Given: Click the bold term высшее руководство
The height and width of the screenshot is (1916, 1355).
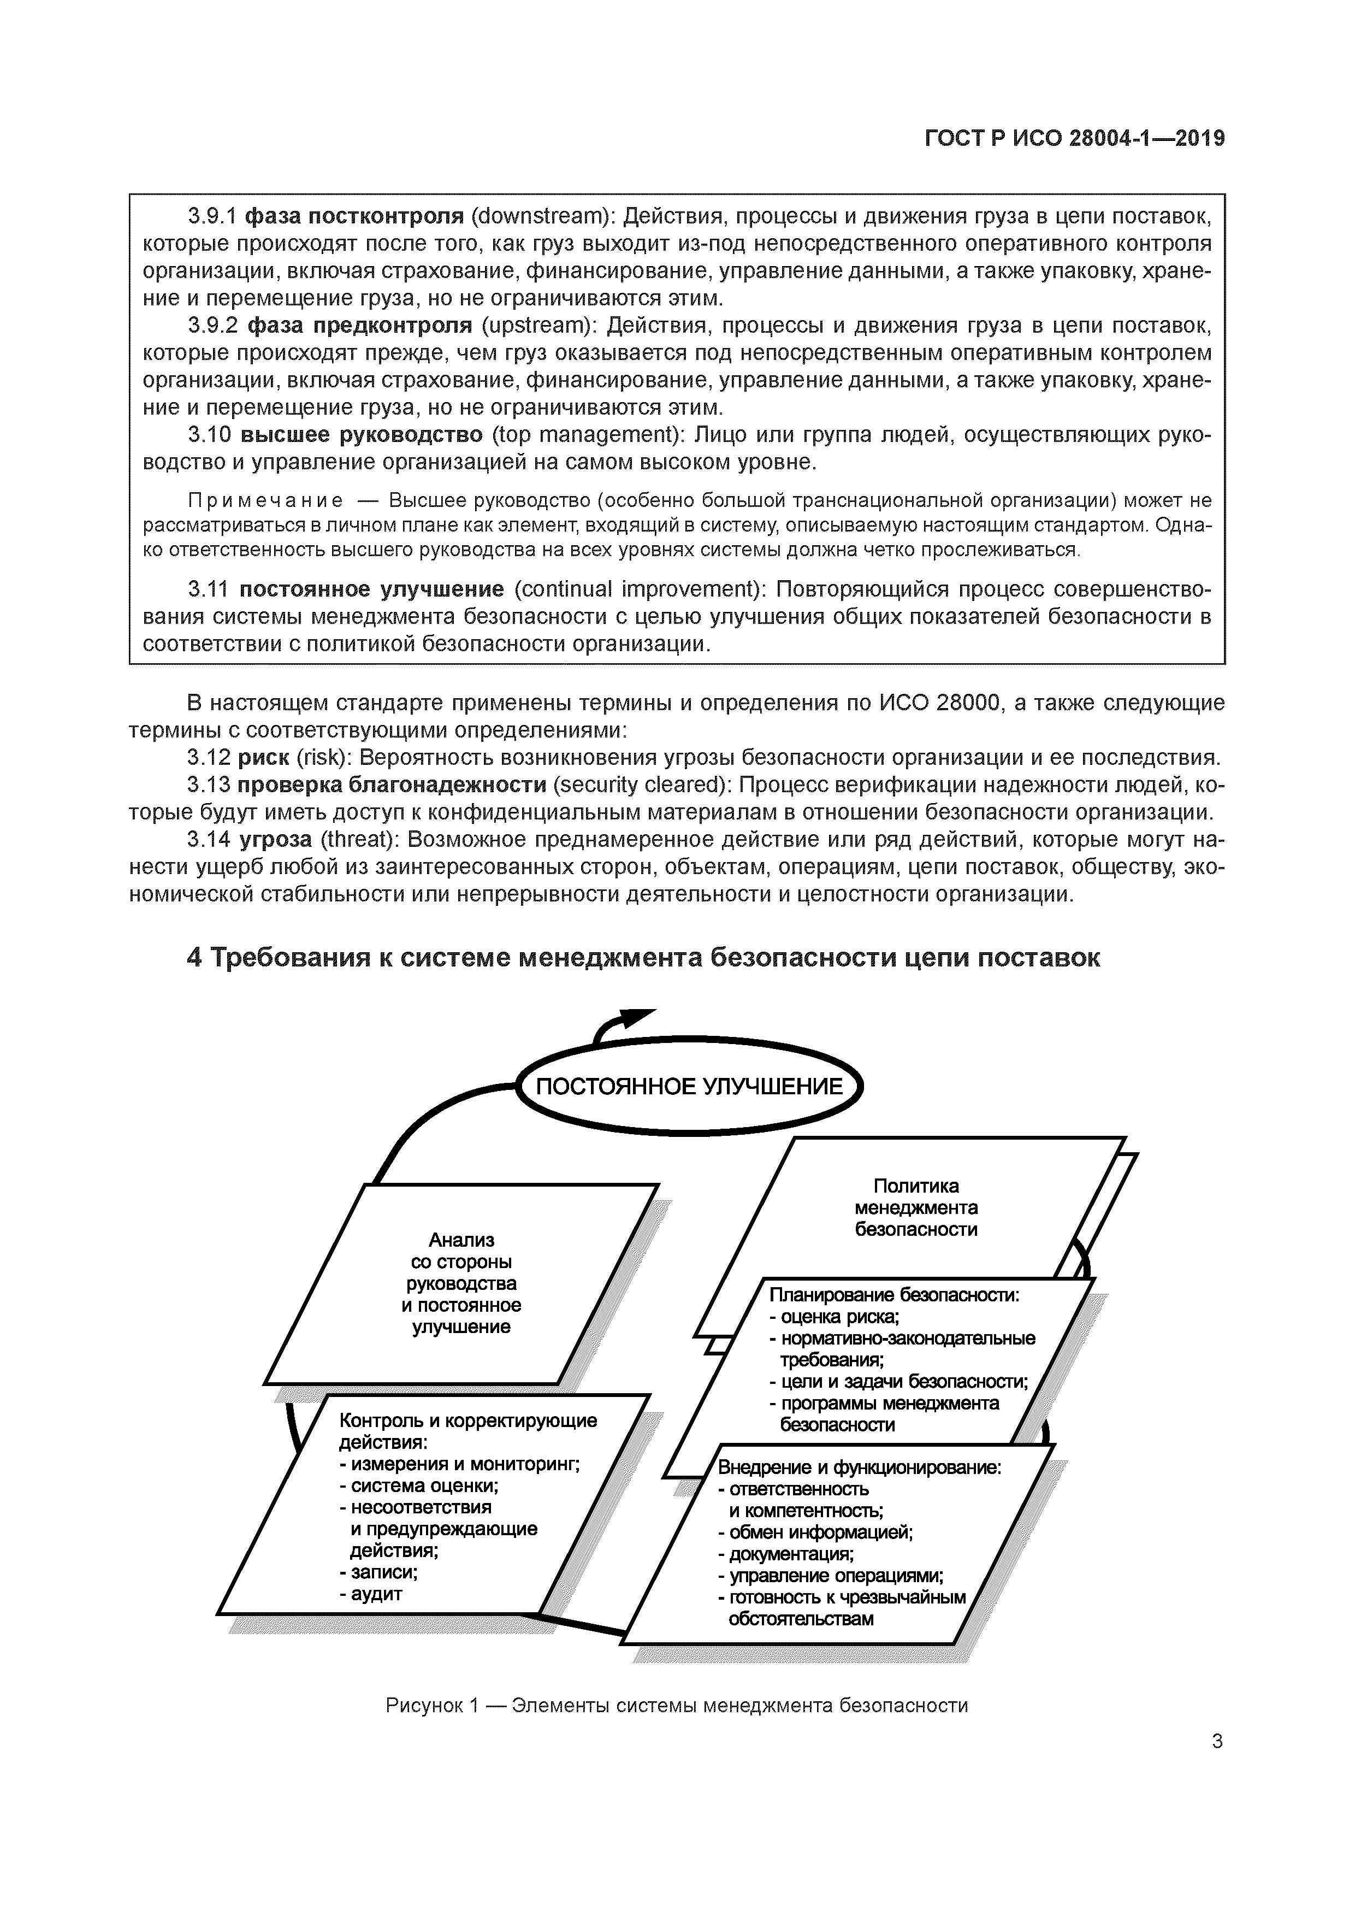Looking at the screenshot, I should click(361, 435).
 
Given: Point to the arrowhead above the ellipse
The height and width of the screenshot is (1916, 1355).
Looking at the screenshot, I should click(634, 1019).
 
